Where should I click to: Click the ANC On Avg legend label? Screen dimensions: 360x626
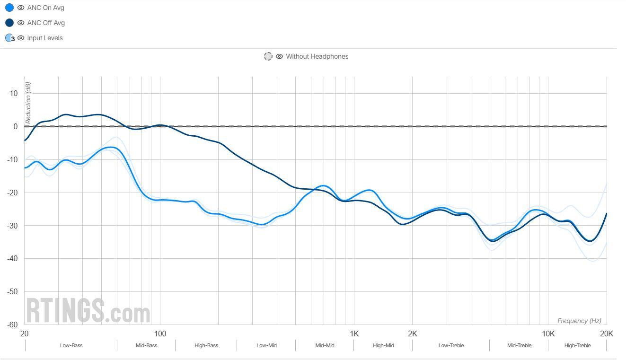45,8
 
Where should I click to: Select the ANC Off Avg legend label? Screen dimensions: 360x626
46,23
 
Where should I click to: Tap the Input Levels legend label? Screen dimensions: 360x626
44,38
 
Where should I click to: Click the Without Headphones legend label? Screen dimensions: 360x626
317,56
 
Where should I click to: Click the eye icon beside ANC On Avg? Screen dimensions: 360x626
21,8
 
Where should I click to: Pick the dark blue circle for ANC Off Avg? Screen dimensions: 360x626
9,23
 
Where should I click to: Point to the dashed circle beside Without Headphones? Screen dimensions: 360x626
268,56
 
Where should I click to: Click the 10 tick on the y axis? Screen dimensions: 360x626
13,93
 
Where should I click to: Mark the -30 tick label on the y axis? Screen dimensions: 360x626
12,226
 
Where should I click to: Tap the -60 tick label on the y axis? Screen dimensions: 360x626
12,325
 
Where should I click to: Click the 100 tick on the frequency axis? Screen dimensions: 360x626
160,334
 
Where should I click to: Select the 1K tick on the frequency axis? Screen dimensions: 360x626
354,334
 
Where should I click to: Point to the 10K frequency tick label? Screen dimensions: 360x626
548,334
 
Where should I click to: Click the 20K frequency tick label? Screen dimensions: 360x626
606,334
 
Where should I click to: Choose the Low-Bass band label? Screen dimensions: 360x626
71,345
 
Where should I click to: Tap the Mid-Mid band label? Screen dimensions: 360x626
325,345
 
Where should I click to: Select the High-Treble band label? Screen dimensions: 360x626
577,345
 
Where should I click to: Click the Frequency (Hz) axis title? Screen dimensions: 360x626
579,321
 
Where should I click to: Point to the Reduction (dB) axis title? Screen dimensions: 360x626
28,103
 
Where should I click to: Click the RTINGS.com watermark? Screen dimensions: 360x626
88,311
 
